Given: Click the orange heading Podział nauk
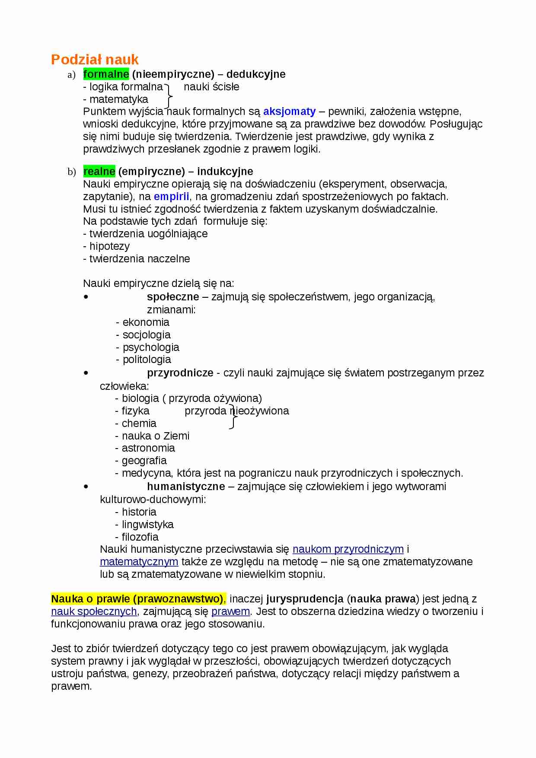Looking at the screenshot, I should (95, 59).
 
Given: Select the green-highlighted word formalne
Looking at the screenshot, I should (106, 74).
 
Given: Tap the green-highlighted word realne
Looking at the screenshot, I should (99, 171).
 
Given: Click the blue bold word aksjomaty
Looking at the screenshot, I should (289, 111).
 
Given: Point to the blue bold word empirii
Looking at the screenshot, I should (171, 196).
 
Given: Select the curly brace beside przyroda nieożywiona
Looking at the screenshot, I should (233, 417).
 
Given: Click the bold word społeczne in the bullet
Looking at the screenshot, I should (173, 296).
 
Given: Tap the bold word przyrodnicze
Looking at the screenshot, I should (180, 373).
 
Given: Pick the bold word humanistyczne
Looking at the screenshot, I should (186, 486).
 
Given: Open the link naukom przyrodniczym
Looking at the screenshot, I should (348, 549).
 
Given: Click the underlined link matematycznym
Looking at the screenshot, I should (139, 561).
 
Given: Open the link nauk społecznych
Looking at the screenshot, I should (94, 611).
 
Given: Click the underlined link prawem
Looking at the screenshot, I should (230, 611).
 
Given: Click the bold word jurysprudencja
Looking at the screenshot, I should (305, 599).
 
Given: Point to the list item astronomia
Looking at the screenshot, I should (148, 448).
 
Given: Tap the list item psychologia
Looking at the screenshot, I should (150, 347).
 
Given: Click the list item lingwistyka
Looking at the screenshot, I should (147, 524).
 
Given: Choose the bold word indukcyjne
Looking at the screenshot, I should (225, 171).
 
